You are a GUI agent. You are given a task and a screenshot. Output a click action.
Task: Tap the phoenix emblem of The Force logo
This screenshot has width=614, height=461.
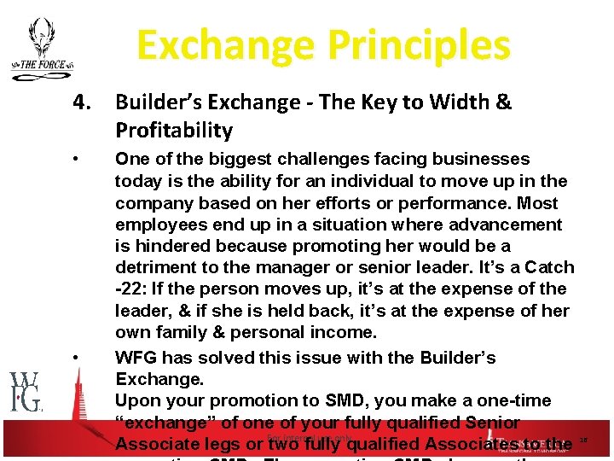(x=39, y=38)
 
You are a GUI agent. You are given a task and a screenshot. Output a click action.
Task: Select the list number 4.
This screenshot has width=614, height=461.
(x=82, y=103)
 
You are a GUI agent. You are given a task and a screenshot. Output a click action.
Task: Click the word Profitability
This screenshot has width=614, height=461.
(x=174, y=131)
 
